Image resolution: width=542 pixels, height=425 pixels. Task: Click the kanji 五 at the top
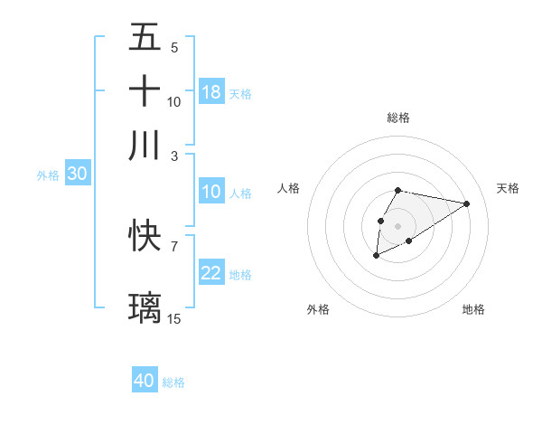(x=145, y=37)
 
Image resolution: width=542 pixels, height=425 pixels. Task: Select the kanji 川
(x=145, y=145)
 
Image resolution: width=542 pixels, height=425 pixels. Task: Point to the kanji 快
(x=145, y=237)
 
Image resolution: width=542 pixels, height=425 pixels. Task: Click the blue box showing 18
(x=211, y=92)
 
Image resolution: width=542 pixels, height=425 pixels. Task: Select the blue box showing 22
(x=211, y=273)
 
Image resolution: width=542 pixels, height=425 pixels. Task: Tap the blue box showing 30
(x=77, y=175)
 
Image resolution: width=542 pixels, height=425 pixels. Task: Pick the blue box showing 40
(x=145, y=381)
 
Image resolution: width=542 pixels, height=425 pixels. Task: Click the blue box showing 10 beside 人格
(x=211, y=192)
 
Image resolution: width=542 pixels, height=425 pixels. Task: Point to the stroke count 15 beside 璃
(x=174, y=318)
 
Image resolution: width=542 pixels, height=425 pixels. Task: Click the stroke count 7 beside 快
(x=173, y=245)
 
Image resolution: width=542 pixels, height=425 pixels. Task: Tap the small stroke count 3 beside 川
(x=174, y=155)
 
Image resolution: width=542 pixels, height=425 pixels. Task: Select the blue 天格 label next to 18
(x=240, y=93)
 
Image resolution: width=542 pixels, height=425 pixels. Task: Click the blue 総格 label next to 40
(x=173, y=382)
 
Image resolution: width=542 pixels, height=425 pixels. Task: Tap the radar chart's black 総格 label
(x=397, y=118)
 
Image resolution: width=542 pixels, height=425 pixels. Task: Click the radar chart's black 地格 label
(x=473, y=309)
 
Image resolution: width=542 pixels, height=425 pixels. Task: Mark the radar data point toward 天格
(x=467, y=203)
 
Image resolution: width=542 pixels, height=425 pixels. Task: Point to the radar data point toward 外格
(x=376, y=257)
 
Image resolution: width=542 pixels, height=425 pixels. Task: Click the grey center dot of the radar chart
(x=397, y=224)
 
